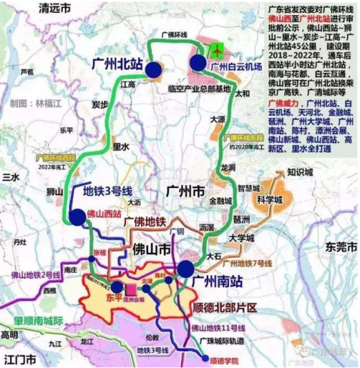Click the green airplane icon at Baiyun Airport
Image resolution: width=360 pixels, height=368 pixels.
point(217,50)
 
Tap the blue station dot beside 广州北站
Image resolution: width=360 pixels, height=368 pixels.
point(153,68)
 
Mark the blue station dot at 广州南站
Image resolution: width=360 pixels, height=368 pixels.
point(186,269)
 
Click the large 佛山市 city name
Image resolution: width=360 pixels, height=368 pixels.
point(150,250)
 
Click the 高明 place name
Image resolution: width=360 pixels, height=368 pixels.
point(9,335)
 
